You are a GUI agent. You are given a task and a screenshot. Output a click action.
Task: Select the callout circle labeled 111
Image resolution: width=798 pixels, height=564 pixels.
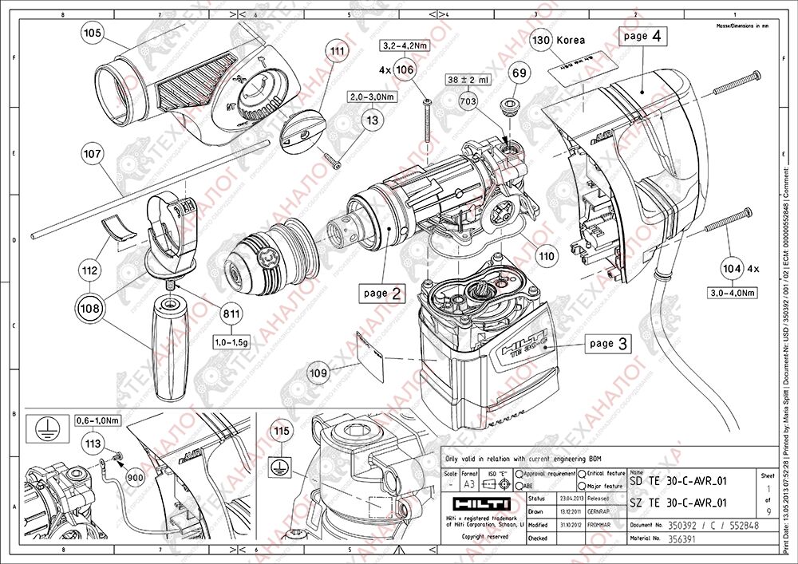coord(338,51)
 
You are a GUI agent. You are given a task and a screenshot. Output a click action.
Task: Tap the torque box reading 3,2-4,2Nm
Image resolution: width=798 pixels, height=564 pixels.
coord(405,45)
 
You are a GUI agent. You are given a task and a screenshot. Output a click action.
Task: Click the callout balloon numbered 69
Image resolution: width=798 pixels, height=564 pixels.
coord(519,73)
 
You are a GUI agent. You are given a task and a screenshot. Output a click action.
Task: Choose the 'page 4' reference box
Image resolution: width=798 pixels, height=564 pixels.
coord(642,37)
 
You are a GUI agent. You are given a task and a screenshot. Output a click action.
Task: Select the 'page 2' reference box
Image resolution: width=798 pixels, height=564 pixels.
coord(381,293)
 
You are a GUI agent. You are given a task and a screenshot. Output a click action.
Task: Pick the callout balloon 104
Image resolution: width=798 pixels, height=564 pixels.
coord(731,268)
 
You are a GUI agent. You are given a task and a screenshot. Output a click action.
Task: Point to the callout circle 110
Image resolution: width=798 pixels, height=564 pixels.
coord(546,258)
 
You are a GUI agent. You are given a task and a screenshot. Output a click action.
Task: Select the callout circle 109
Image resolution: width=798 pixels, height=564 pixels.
coord(318,372)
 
